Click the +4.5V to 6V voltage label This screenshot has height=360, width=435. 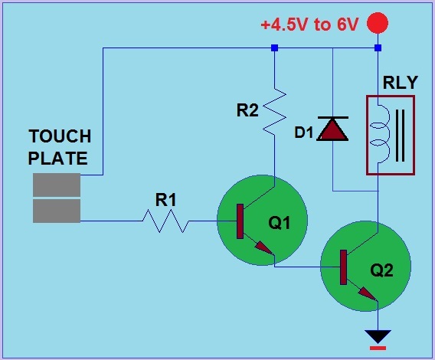coord(309,24)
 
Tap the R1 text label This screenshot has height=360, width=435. coord(166,200)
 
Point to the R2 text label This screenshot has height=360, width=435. coord(247,110)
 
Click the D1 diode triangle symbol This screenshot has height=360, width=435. coord(333,129)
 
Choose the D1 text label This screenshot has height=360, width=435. coord(305,133)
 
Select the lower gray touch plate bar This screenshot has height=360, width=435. coord(57,211)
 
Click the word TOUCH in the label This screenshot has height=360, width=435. coord(60,137)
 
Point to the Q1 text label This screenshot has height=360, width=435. coord(279,224)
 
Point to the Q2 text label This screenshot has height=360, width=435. coord(381,270)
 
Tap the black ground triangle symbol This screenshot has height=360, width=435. coord(378,335)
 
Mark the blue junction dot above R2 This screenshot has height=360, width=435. coord(274,48)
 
